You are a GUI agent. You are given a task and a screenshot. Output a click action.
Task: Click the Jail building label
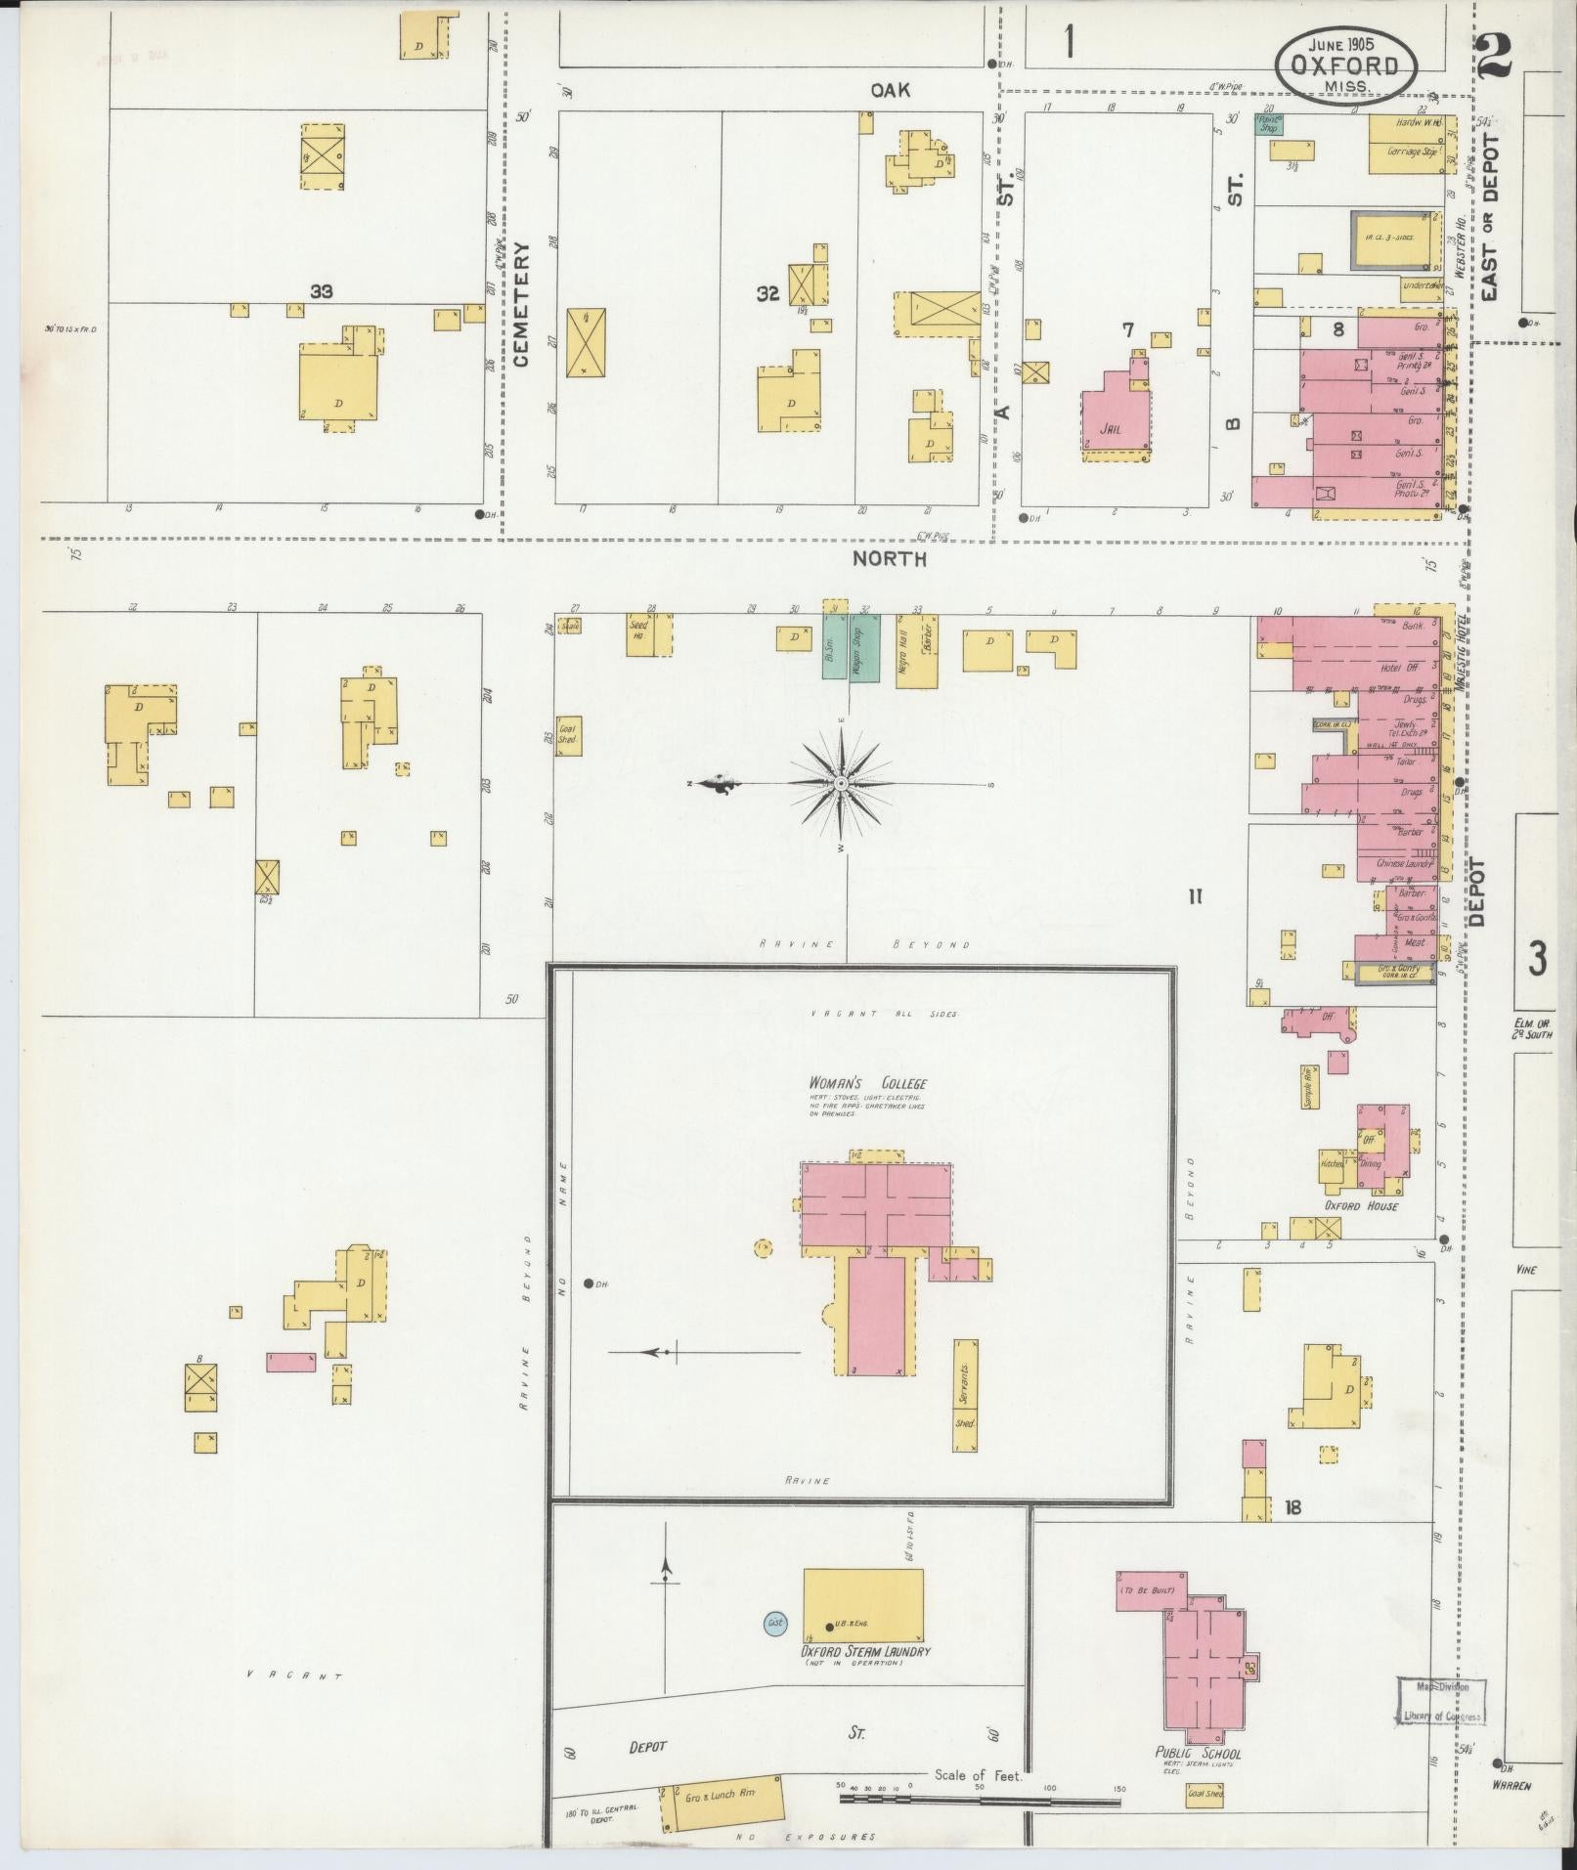[1109, 428]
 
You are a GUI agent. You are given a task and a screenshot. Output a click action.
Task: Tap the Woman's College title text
[866, 1083]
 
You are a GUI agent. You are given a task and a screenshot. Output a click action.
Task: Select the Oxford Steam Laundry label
[865, 1651]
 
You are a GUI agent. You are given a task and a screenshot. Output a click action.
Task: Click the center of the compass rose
[840, 784]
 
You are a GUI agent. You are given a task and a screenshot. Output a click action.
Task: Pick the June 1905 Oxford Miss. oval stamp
[1346, 65]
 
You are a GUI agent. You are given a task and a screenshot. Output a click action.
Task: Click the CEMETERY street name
[520, 305]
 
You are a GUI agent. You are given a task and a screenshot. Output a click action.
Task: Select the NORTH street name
[889, 559]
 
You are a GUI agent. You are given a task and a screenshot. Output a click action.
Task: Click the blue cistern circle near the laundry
[776, 1624]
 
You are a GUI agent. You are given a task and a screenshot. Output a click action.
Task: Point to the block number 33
[322, 291]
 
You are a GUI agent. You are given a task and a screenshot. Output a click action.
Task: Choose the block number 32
[767, 291]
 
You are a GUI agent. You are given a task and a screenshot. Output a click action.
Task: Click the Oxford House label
[1361, 1205]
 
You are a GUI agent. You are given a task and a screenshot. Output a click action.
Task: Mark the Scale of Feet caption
[978, 1775]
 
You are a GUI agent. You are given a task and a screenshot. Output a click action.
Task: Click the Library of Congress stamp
[1441, 1702]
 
